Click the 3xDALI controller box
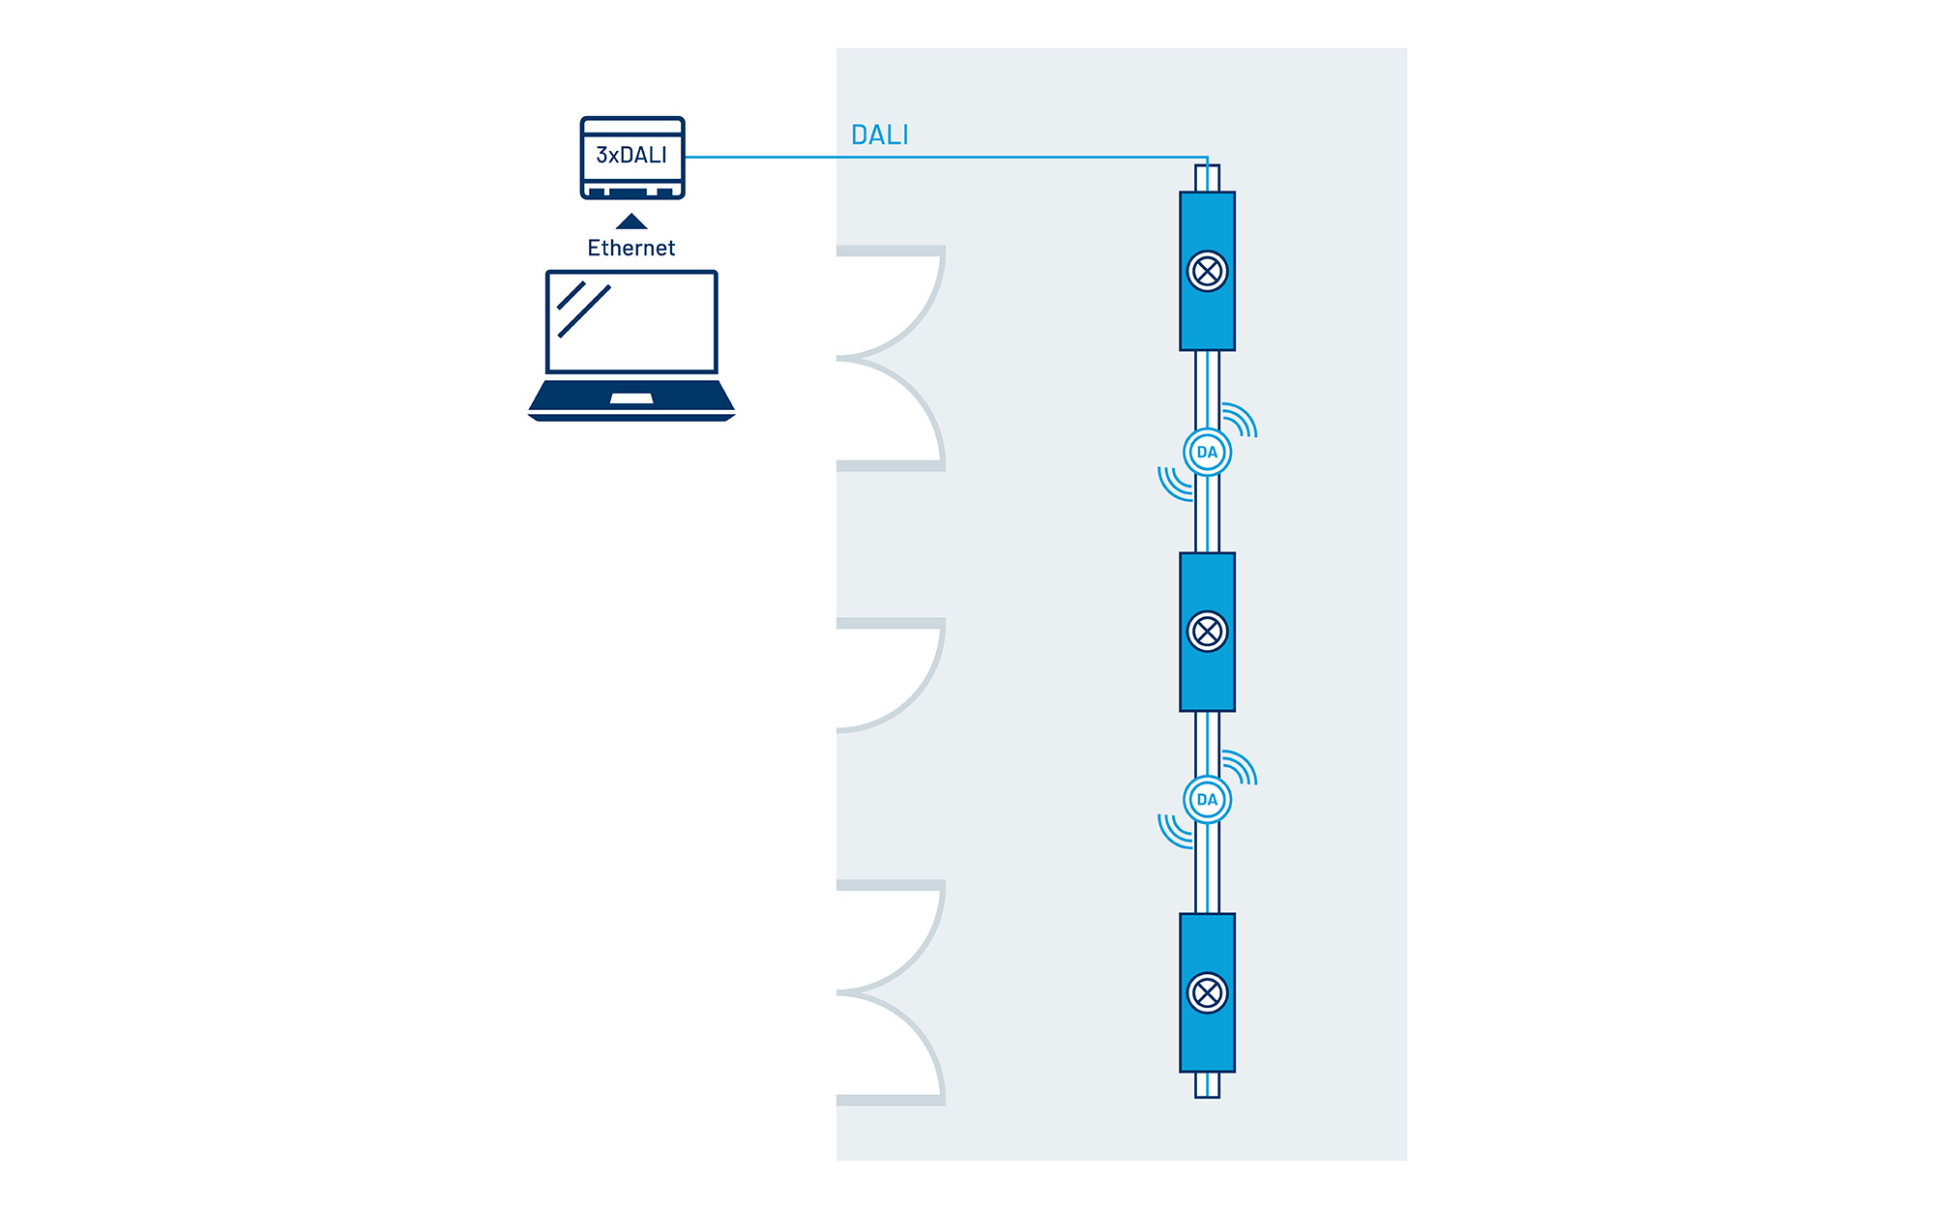[x=632, y=157]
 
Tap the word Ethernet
[x=630, y=249]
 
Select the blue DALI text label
[x=879, y=135]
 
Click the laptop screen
[x=631, y=322]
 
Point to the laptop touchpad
[x=631, y=398]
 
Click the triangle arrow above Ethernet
[x=631, y=221]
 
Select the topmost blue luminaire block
[x=1207, y=222]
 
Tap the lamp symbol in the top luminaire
[x=1207, y=272]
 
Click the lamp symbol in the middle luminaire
[x=1207, y=633]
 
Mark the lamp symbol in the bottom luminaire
[x=1207, y=993]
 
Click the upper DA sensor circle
[x=1207, y=452]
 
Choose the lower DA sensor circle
[x=1207, y=800]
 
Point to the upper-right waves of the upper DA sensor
[x=1241, y=420]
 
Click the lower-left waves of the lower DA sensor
[x=1174, y=832]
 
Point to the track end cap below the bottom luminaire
[x=1207, y=1084]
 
